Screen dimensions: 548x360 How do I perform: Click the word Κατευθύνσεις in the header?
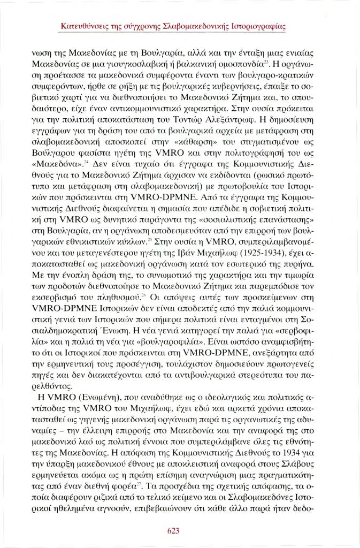click(x=85, y=25)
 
